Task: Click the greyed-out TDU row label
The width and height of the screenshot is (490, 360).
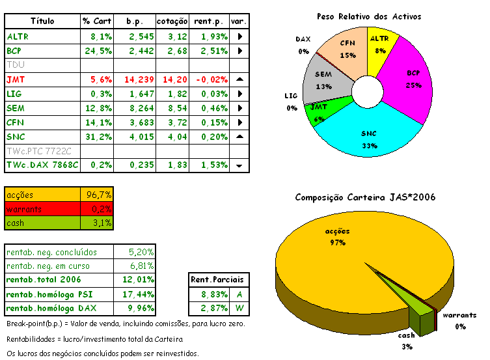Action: pos(14,65)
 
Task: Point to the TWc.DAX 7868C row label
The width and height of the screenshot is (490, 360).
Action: pos(42,165)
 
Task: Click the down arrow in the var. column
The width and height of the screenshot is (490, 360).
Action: pos(239,166)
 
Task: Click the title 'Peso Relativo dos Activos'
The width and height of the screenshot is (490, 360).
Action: pos(368,16)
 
